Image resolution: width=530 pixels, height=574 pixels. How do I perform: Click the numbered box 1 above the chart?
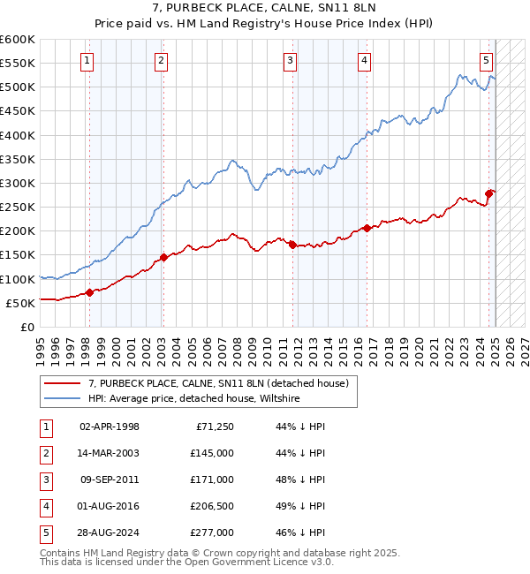pos(88,61)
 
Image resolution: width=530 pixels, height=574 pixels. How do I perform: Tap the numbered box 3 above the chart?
pos(291,61)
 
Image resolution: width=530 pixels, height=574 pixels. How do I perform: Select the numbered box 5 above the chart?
pos(487,61)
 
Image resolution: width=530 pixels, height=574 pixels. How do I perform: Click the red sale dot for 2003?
pos(163,258)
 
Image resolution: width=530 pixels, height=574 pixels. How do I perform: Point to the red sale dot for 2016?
pos(367,228)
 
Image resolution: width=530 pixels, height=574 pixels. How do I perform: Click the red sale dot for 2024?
pos(488,194)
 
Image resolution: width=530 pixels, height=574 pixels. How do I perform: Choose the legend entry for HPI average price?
pos(194,398)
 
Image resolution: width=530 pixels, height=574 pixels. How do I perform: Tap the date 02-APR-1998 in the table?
pos(110,427)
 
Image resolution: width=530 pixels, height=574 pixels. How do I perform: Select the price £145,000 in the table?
pos(212,453)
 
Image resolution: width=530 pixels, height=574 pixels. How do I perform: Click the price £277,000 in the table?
pos(212,532)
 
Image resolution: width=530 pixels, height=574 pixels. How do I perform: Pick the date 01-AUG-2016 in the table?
pos(110,506)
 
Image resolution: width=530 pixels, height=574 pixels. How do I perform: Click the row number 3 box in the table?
pos(44,480)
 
